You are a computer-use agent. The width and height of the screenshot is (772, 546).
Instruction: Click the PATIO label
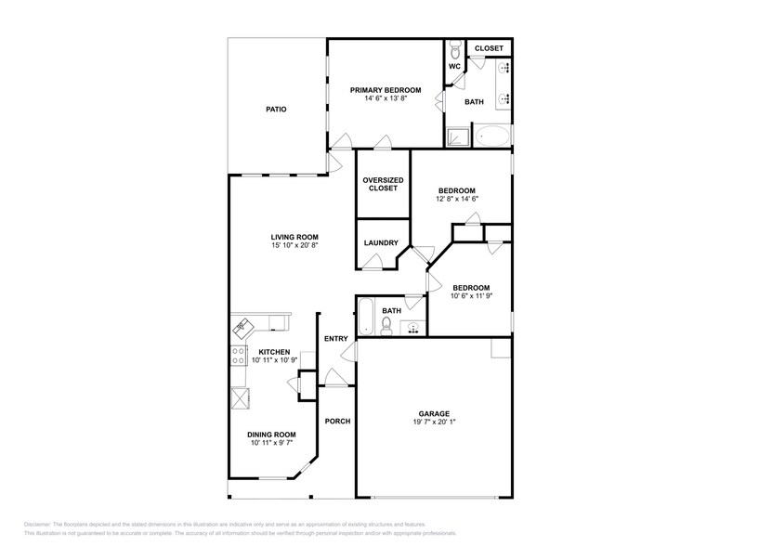pos(276,110)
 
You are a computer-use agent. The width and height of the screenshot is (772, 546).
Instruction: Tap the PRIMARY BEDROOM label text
pos(385,90)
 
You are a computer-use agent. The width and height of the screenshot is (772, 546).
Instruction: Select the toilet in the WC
pos(454,49)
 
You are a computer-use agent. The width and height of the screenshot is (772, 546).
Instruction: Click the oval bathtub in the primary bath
pos(492,137)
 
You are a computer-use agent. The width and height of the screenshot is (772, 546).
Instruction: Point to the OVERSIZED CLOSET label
pos(383,184)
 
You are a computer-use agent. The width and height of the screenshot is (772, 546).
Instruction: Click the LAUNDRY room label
pos(381,243)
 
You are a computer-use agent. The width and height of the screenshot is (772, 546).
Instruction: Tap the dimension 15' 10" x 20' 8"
pos(294,246)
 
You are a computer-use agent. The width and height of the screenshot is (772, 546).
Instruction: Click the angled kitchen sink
pos(243,326)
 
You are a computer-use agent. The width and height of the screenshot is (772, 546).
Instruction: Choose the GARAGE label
pos(433,413)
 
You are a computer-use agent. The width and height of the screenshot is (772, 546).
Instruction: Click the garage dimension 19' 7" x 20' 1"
pos(433,422)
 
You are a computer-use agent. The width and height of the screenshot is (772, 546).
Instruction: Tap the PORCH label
pos(337,421)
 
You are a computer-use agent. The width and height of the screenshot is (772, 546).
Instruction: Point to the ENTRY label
pos(335,338)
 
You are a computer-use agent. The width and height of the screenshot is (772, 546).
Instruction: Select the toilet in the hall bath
pos(386,324)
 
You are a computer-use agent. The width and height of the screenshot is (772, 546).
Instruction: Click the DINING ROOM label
pos(271,435)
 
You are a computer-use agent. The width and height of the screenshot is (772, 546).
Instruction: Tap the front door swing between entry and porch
pos(334,376)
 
